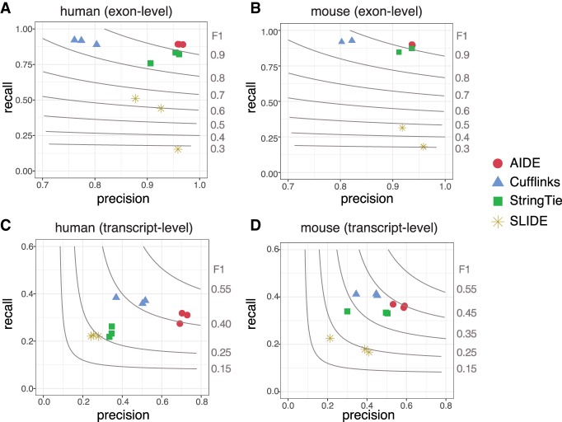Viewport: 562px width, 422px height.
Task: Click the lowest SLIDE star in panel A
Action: click(178, 149)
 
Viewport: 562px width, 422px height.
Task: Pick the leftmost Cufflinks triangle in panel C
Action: click(116, 297)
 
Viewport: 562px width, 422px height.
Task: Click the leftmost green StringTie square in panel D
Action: click(347, 311)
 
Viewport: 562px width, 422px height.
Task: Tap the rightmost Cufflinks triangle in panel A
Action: click(96, 44)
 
